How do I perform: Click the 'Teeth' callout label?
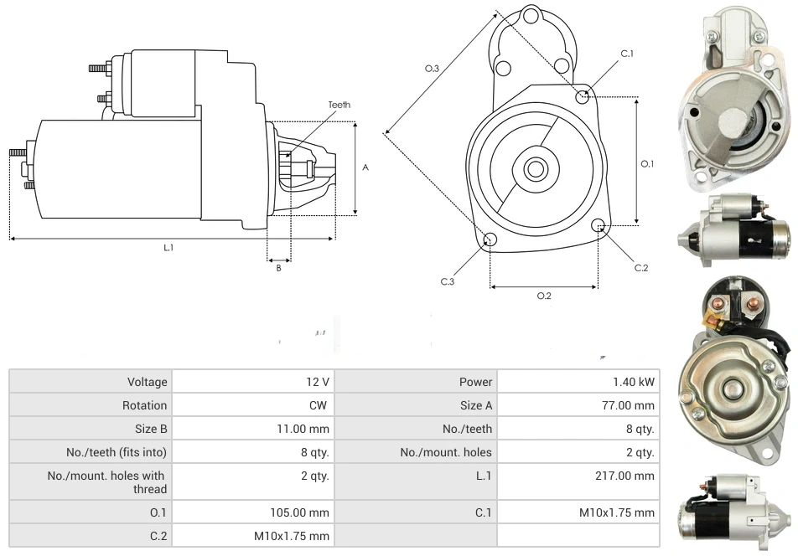(x=339, y=105)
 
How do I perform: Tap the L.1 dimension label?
(x=168, y=248)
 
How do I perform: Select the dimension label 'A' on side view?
(x=365, y=167)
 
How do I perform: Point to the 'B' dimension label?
(x=279, y=268)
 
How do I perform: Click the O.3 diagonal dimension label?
(x=433, y=69)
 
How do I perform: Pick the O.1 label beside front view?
(x=647, y=164)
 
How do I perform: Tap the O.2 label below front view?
(x=544, y=296)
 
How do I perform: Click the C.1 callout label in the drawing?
(x=627, y=54)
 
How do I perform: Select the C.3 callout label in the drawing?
(x=448, y=281)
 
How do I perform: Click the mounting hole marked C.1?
(x=583, y=97)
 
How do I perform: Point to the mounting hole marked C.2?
(x=598, y=226)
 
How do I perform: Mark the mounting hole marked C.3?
(x=490, y=241)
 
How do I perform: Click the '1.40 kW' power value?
(x=634, y=382)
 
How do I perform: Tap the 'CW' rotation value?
(x=319, y=405)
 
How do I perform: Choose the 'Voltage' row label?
(x=148, y=382)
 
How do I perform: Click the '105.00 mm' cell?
(x=298, y=512)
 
